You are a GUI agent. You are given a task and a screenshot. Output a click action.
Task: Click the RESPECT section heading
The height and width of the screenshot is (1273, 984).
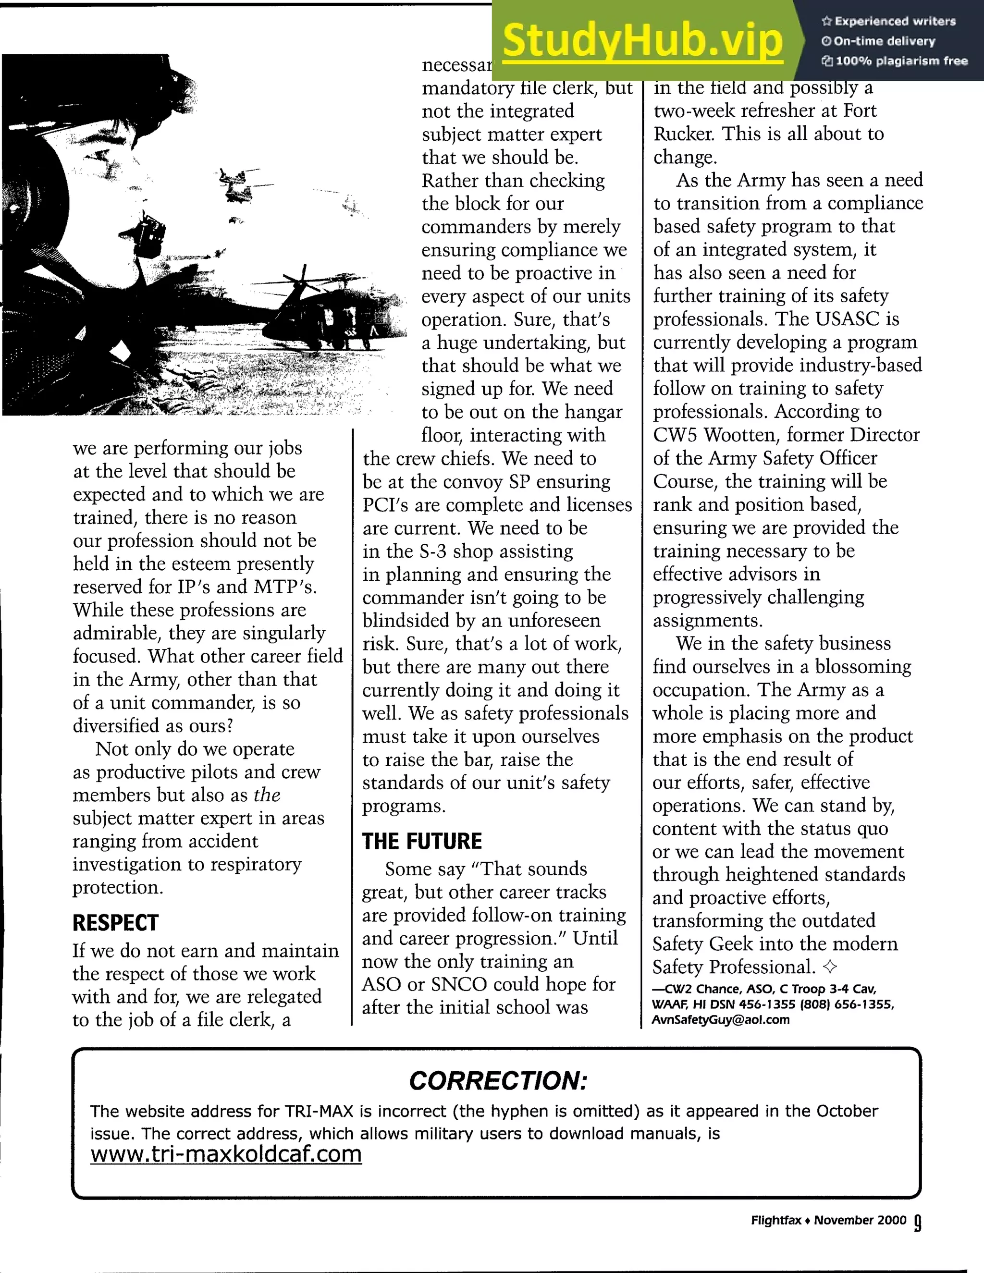tap(115, 923)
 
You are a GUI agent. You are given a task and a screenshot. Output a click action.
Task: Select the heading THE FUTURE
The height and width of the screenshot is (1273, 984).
tap(422, 841)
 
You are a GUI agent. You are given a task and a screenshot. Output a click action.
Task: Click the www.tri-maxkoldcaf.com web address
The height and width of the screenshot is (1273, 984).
tap(226, 1153)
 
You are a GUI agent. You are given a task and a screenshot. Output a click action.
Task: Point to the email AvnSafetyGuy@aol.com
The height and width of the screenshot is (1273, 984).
tap(721, 1019)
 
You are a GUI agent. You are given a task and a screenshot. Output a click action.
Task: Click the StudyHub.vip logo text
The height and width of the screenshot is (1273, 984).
tap(642, 40)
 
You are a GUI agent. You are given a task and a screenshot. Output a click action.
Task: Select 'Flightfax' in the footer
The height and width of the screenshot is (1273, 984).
tap(776, 1220)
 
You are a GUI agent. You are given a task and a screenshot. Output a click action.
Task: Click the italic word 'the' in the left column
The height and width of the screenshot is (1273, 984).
tap(267, 795)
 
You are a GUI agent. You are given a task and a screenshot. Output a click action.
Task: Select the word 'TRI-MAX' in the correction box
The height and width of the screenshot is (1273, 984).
tap(319, 1111)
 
